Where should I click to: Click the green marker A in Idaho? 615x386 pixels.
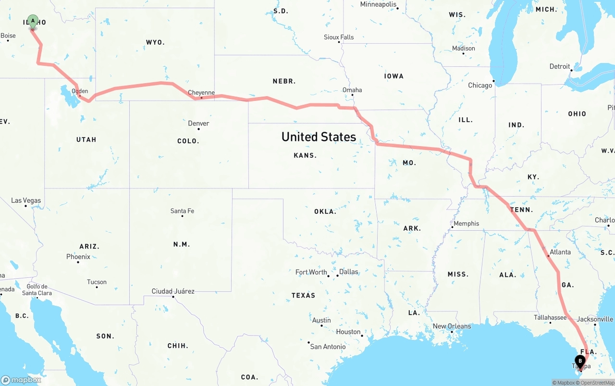coord(33,21)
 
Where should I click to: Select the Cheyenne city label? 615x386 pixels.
coord(201,93)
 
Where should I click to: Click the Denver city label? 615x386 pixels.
coord(198,124)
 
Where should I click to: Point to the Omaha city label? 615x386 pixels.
coord(352,90)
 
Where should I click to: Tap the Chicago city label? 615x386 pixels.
coord(480,86)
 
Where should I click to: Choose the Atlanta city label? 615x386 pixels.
coord(560,252)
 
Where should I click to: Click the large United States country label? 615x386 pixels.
coord(319,137)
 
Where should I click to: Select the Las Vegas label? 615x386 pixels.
coord(26,200)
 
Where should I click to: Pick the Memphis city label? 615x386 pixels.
coord(466,224)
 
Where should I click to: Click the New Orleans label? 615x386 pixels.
coord(452,326)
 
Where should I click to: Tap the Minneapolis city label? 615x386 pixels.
coord(378,4)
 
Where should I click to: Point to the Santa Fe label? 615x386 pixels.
coord(182,211)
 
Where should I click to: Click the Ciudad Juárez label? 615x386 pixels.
coord(173,291)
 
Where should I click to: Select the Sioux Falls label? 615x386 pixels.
coord(339,37)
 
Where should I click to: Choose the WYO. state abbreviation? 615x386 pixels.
coord(155,42)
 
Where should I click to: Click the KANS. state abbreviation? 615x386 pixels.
coord(305,155)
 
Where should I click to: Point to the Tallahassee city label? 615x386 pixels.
coord(550,318)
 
